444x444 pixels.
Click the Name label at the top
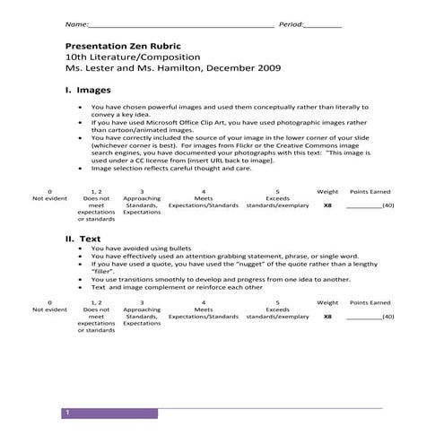tap(77, 24)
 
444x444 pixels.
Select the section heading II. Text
tap(83, 239)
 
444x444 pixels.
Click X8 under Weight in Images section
tap(327, 205)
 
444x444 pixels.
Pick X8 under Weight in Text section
tap(327, 317)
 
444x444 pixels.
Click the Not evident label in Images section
tap(49, 198)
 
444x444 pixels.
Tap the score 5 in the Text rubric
tap(277, 303)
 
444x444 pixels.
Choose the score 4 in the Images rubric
tap(204, 192)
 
